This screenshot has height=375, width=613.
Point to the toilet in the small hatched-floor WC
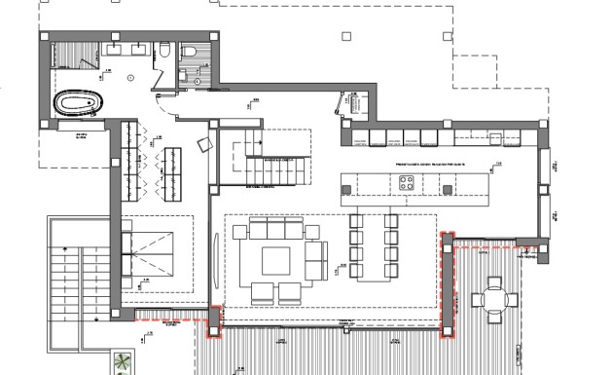click(x=191, y=53)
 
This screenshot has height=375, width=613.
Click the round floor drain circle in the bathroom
click(x=130, y=76)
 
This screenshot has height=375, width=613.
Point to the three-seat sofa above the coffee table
click(x=276, y=229)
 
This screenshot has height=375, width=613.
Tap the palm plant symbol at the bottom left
click(x=121, y=364)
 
